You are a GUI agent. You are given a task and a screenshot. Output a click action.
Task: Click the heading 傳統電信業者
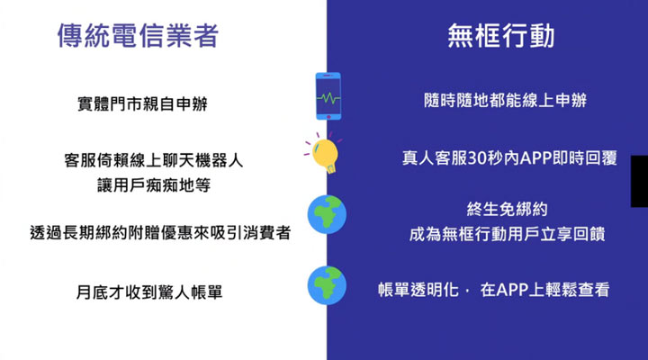pyautogui.click(x=137, y=37)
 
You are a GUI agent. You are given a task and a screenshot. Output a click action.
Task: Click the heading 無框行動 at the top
pyautogui.click(x=500, y=37)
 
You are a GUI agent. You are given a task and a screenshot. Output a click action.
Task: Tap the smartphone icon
pyautogui.click(x=327, y=97)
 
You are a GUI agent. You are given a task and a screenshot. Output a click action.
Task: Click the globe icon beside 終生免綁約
pyautogui.click(x=326, y=214)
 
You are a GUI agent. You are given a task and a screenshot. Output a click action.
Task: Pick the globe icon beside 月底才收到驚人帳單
pyautogui.click(x=326, y=284)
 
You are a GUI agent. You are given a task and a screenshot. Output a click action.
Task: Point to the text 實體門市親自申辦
pyautogui.click(x=142, y=103)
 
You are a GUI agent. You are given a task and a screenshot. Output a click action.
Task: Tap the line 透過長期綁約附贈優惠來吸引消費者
pyautogui.click(x=160, y=234)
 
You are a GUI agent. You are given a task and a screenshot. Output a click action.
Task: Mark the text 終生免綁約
pyautogui.click(x=503, y=210)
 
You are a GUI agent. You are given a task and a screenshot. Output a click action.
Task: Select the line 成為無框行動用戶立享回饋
pyautogui.click(x=503, y=235)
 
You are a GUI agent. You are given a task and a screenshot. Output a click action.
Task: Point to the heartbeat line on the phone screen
pyautogui.click(x=327, y=96)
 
